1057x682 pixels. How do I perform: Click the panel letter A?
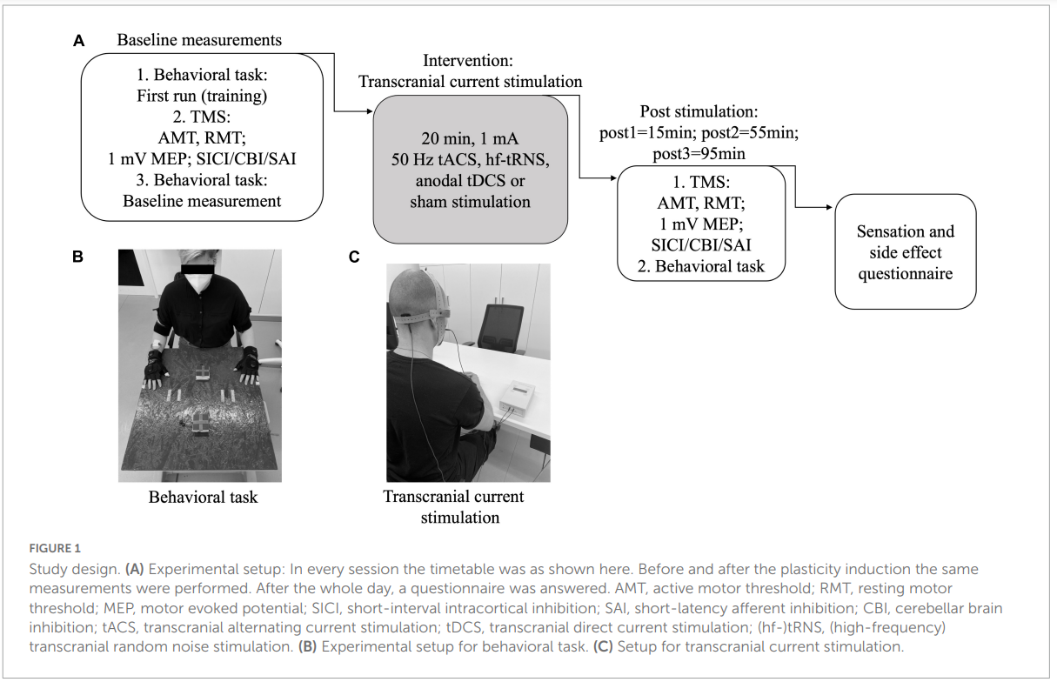79,41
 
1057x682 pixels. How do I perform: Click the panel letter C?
354,257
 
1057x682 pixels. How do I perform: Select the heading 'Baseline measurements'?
199,40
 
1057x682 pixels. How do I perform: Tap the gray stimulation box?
470,169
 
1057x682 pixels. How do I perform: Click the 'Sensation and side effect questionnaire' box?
906,252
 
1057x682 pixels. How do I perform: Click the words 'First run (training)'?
201,96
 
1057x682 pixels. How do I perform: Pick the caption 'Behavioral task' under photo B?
203,498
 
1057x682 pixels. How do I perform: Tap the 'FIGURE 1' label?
54,548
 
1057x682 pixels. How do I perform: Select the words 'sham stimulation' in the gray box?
470,202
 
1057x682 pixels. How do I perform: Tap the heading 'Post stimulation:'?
699,112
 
